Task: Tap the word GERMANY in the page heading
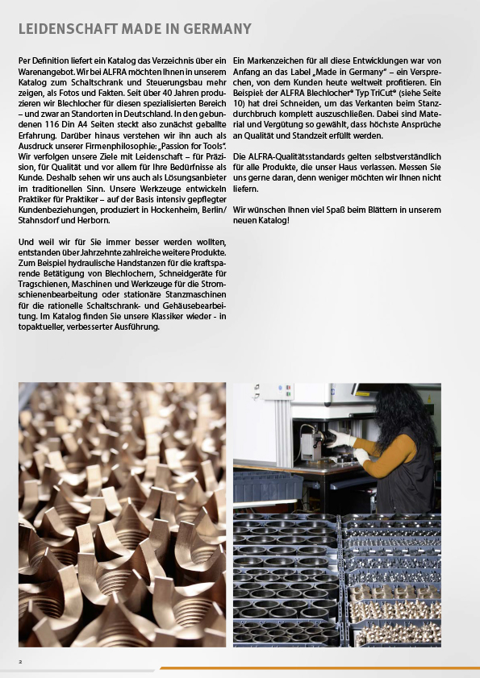tap(218, 29)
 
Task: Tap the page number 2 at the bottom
tap(21, 660)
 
